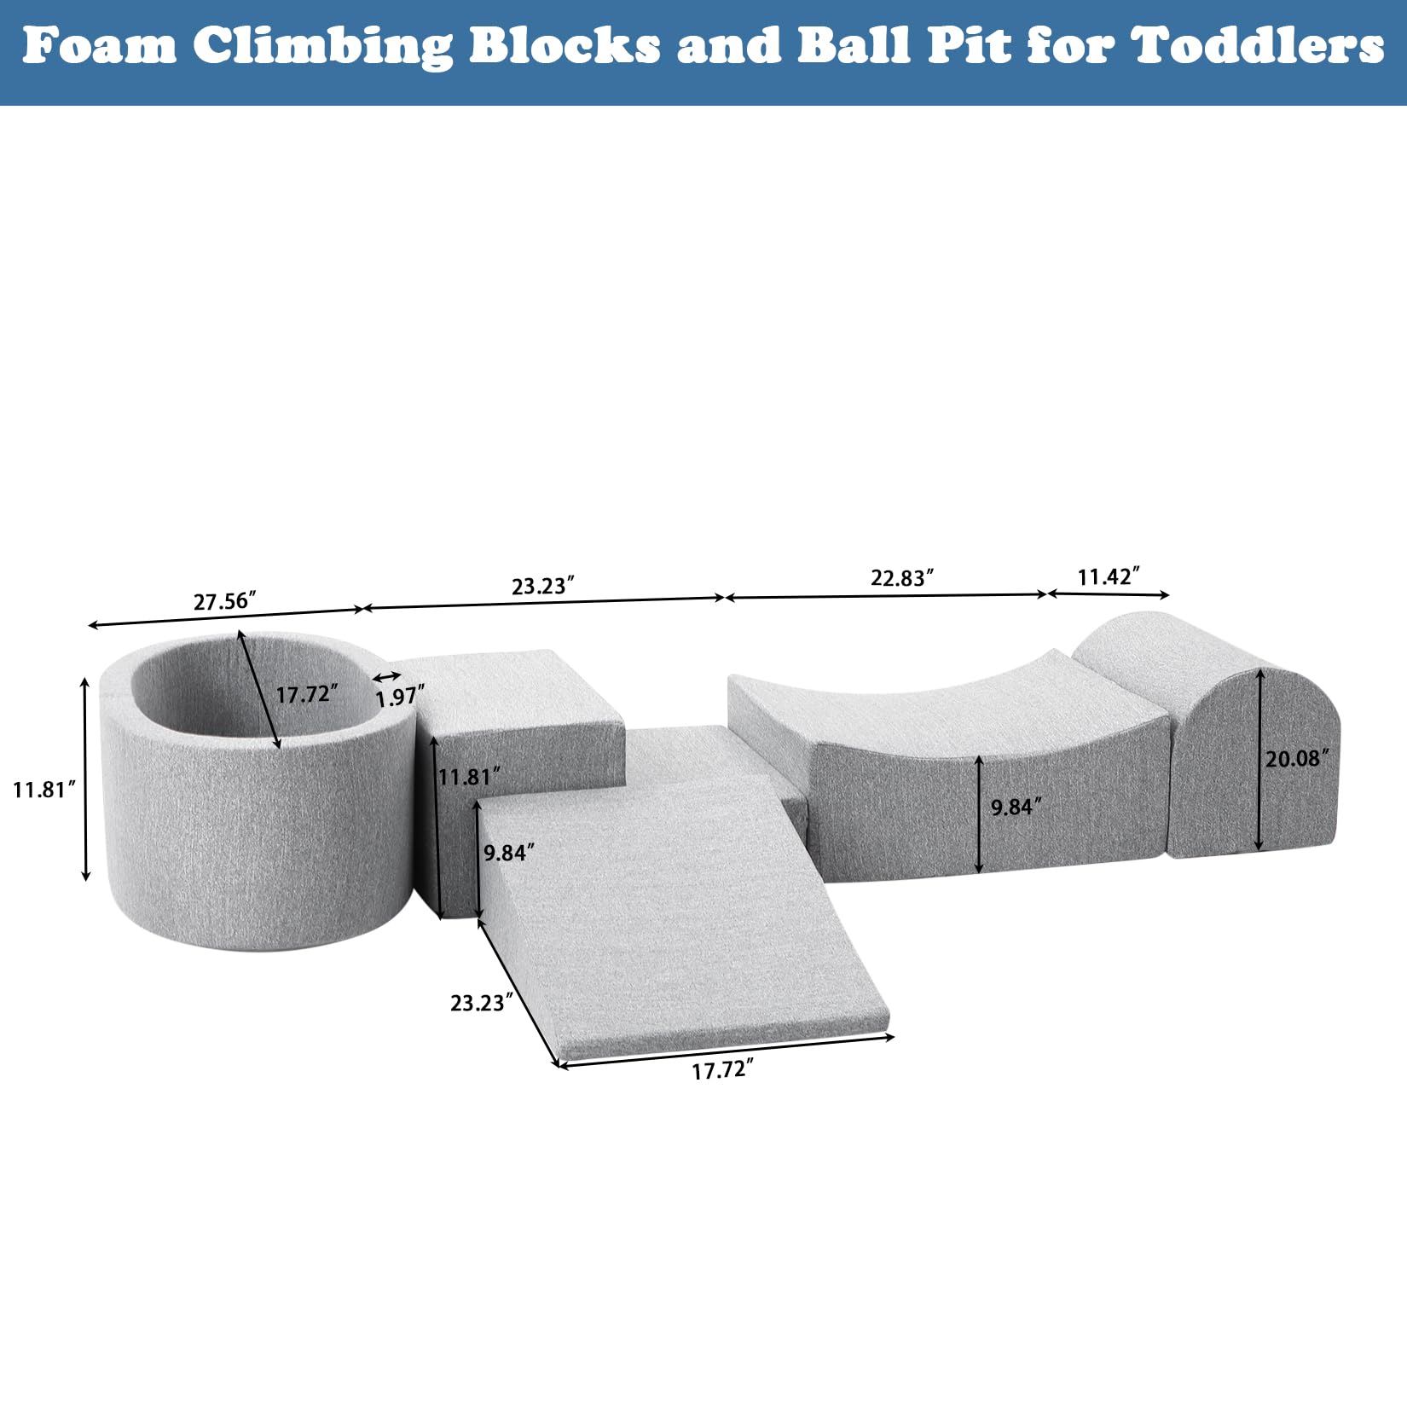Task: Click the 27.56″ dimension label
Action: [x=224, y=601]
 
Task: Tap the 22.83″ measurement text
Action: [x=901, y=577]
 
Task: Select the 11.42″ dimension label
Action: [x=1108, y=576]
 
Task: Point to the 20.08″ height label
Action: [x=1296, y=758]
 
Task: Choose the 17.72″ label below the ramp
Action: [x=722, y=1069]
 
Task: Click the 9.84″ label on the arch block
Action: [x=1016, y=806]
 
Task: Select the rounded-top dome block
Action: [x=1228, y=750]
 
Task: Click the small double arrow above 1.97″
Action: [x=387, y=677]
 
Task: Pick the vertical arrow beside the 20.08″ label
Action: [x=1259, y=759]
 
